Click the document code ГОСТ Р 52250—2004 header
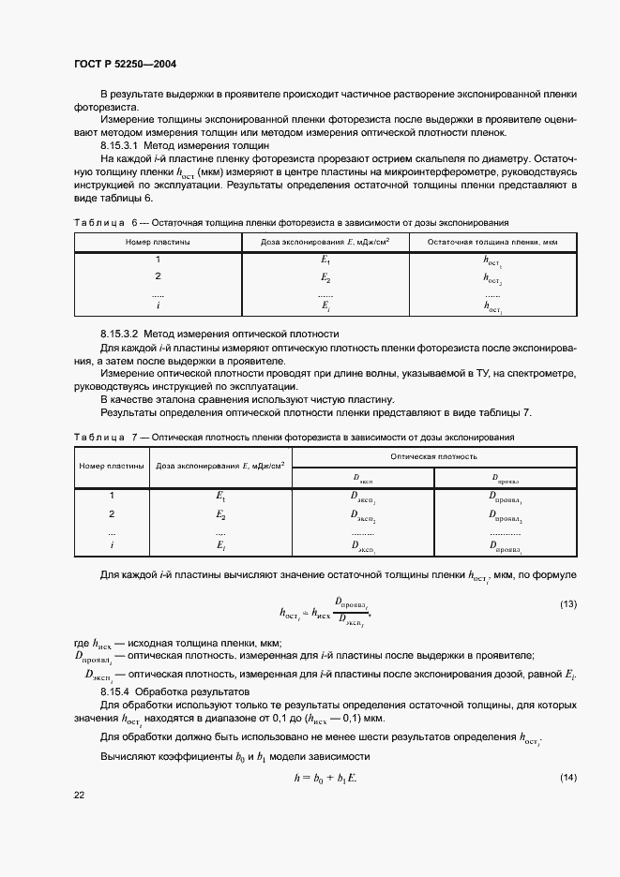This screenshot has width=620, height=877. coord(125,64)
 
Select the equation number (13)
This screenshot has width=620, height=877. coord(568,604)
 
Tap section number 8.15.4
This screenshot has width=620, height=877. coord(120,691)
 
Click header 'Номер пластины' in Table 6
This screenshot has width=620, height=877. coord(159,242)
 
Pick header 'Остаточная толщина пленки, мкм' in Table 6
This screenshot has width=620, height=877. coord(492,242)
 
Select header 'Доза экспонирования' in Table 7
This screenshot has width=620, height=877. coord(220,465)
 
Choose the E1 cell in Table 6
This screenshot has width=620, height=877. coord(325,260)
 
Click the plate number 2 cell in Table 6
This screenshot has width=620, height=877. coord(159,276)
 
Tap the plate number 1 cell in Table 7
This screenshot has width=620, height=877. coord(112,495)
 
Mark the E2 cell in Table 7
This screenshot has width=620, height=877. coord(221,514)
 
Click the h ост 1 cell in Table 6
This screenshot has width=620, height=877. coord(492,260)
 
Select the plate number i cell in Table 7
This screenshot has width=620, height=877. coord(112,544)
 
